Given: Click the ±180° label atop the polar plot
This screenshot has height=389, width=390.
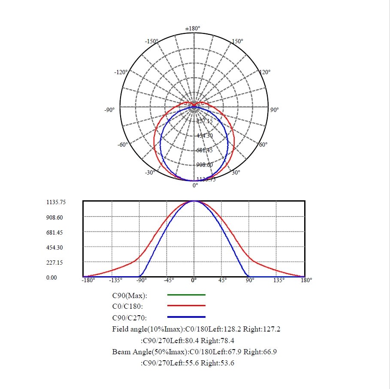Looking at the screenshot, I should pyautogui.click(x=193, y=28).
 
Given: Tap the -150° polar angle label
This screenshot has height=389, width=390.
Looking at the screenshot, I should pyautogui.click(x=151, y=41).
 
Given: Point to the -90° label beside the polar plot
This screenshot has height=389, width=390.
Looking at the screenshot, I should pyautogui.click(x=109, y=110).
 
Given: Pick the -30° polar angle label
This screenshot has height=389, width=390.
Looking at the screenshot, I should pyautogui.click(x=150, y=172).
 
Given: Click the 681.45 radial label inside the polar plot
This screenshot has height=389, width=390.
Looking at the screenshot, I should pyautogui.click(x=204, y=151).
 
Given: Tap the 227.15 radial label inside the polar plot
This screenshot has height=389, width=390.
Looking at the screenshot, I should pyautogui.click(x=204, y=121).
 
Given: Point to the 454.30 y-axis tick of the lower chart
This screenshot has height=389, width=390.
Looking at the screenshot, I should pyautogui.click(x=54, y=247).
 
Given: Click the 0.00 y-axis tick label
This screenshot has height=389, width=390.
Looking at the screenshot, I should pyautogui.click(x=51, y=277).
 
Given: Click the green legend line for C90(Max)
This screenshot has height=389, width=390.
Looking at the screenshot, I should pyautogui.click(x=186, y=295).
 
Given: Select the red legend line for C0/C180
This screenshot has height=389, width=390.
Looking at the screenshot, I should pyautogui.click(x=186, y=306).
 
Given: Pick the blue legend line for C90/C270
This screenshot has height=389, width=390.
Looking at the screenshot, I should pyautogui.click(x=186, y=317).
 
